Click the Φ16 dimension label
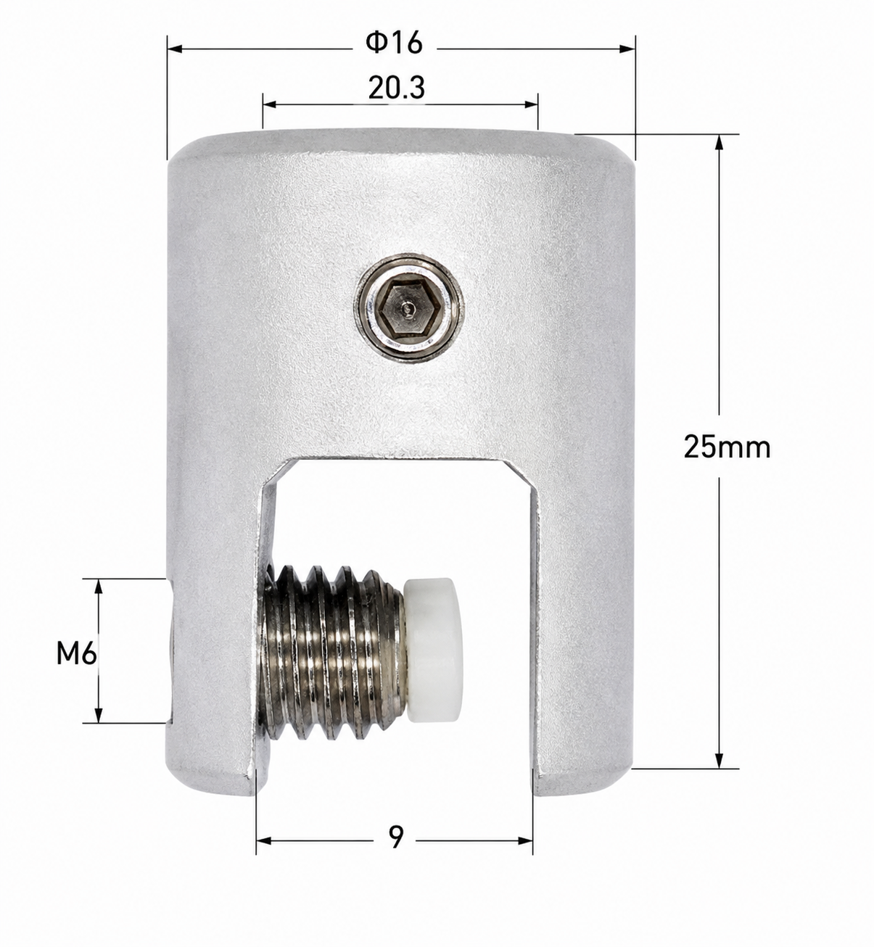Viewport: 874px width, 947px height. [x=394, y=43]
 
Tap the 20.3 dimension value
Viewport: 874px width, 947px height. [x=397, y=88]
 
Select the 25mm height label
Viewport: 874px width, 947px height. [x=727, y=447]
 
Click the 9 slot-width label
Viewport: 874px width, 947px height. [x=396, y=836]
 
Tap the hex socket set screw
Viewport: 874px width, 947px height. [x=409, y=308]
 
